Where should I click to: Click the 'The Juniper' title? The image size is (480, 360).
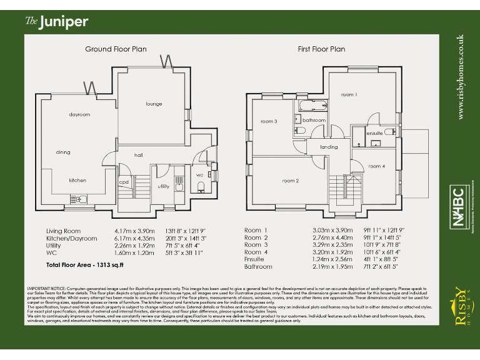(x=56, y=22)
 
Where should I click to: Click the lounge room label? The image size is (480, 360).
(x=154, y=104)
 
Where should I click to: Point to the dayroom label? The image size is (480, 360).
(x=80, y=114)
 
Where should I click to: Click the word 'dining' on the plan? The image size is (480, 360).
(x=63, y=152)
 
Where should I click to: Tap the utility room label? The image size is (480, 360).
(x=164, y=186)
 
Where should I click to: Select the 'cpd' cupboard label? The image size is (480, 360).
(x=124, y=182)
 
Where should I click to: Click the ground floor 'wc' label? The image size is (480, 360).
(x=200, y=174)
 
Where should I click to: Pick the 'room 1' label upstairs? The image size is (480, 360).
(x=349, y=94)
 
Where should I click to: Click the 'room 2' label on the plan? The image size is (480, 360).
(x=290, y=181)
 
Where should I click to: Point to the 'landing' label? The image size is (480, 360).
(x=329, y=147)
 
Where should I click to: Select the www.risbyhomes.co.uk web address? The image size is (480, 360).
(x=461, y=77)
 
